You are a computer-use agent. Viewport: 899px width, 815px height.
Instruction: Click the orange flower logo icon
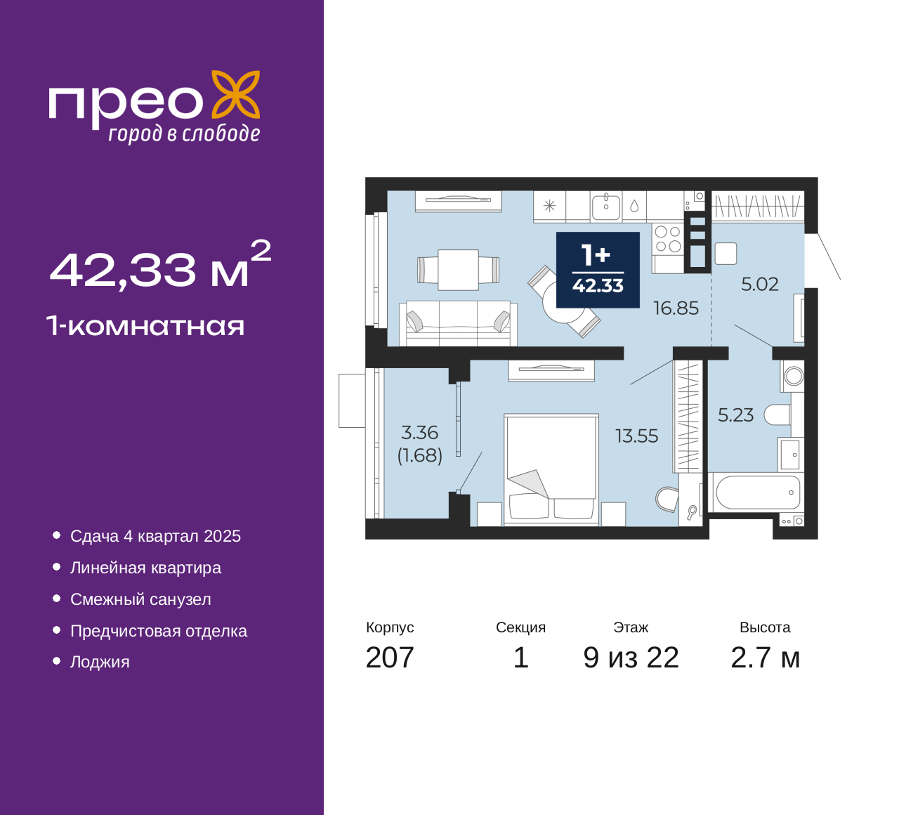(235, 94)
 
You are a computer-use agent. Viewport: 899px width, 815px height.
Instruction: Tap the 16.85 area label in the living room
(676, 308)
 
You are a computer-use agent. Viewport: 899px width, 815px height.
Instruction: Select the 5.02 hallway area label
(760, 285)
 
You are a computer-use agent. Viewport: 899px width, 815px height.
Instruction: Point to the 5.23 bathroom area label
(735, 415)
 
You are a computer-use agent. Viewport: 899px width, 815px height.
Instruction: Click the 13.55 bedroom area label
(636, 436)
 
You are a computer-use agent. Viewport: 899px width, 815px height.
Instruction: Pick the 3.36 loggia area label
(419, 433)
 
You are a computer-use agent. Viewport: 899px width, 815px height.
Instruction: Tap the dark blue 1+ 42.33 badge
(598, 270)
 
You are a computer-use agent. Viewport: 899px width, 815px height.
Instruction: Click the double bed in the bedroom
(551, 469)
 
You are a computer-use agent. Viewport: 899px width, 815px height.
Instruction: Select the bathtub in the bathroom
(757, 492)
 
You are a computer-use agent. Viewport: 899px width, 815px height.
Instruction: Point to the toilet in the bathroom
(777, 415)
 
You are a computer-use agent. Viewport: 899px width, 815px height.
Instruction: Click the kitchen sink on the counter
(606, 207)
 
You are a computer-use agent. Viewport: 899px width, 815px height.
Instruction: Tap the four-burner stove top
(668, 240)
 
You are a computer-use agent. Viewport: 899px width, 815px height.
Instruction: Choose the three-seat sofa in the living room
(458, 323)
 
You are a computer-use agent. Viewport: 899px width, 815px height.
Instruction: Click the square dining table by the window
(458, 270)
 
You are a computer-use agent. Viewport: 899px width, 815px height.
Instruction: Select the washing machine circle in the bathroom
(794, 376)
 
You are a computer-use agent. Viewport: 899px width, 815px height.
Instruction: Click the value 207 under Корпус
(389, 658)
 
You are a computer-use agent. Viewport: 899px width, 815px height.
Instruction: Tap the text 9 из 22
(631, 658)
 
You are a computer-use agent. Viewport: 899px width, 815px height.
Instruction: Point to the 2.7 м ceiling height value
(765, 658)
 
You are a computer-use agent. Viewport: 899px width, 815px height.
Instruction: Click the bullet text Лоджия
(100, 662)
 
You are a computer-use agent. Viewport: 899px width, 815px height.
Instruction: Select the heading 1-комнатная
(145, 326)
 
